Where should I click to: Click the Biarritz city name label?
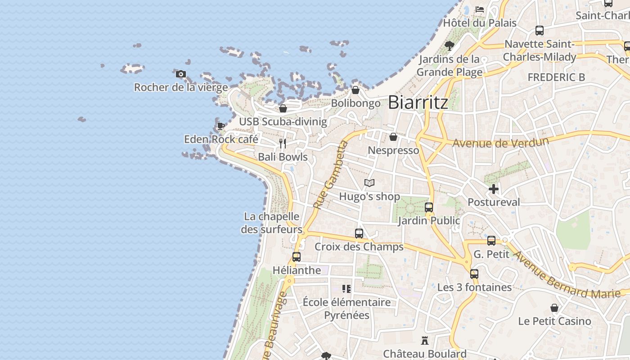418,103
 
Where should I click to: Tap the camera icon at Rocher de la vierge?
181,74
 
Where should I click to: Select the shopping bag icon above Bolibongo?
355,90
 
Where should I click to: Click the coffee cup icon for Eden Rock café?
220,126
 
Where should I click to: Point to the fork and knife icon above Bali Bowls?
283,144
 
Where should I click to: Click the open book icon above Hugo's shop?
369,183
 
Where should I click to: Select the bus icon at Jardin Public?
429,207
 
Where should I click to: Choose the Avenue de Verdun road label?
500,143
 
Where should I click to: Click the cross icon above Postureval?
494,189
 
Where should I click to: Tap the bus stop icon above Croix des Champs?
359,234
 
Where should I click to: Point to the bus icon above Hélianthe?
297,257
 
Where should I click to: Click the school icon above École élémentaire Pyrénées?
346,288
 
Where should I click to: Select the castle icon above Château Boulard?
424,340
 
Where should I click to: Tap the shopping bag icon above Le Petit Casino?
554,308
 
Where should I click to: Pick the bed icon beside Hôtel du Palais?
480,9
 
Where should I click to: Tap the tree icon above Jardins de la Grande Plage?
449,45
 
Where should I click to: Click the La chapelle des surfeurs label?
271,223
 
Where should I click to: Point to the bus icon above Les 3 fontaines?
474,274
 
